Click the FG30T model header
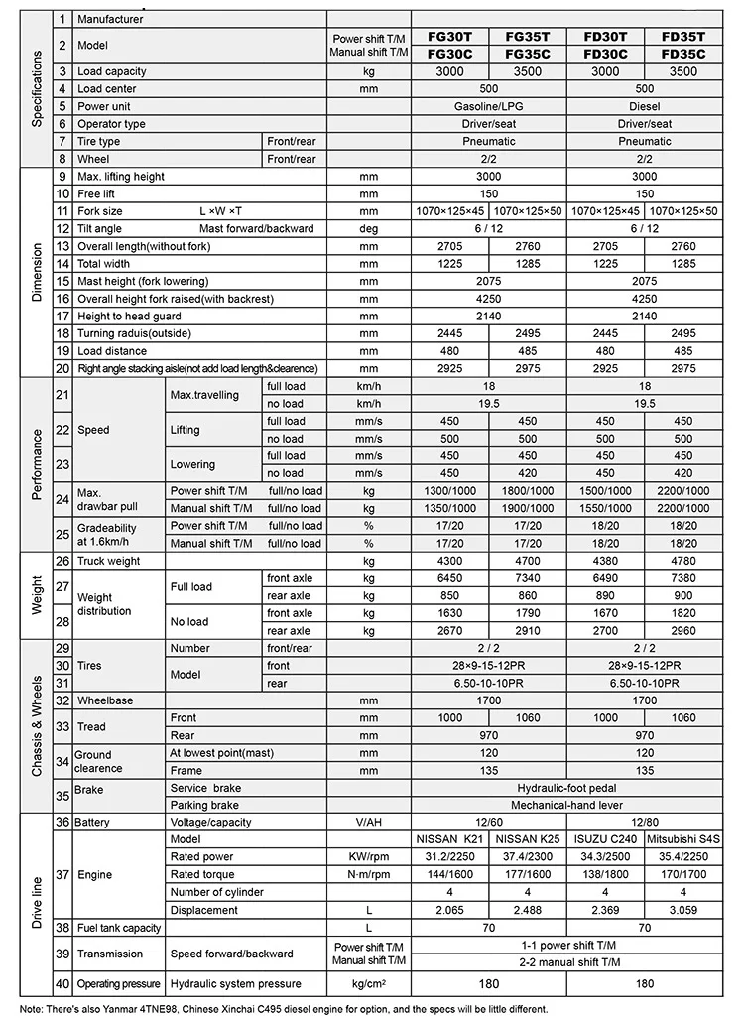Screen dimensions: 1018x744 click(449, 36)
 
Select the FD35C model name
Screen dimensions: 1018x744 click(683, 54)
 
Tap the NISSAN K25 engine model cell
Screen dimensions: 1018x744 click(527, 839)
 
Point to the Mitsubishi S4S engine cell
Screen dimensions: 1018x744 click(683, 839)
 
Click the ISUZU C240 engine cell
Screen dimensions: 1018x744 click(605, 839)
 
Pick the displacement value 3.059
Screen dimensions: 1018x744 click(683, 910)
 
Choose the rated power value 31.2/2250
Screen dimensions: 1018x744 click(449, 857)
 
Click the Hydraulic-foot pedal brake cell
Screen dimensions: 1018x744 click(566, 787)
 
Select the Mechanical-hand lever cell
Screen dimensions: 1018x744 click(566, 805)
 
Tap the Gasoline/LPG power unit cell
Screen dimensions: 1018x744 click(488, 106)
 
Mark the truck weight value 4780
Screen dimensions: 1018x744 click(683, 562)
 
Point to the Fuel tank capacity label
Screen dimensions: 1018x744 click(119, 928)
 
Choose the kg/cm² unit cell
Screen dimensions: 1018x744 click(369, 984)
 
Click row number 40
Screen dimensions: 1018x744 click(62, 984)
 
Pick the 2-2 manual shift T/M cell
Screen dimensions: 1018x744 click(566, 962)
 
